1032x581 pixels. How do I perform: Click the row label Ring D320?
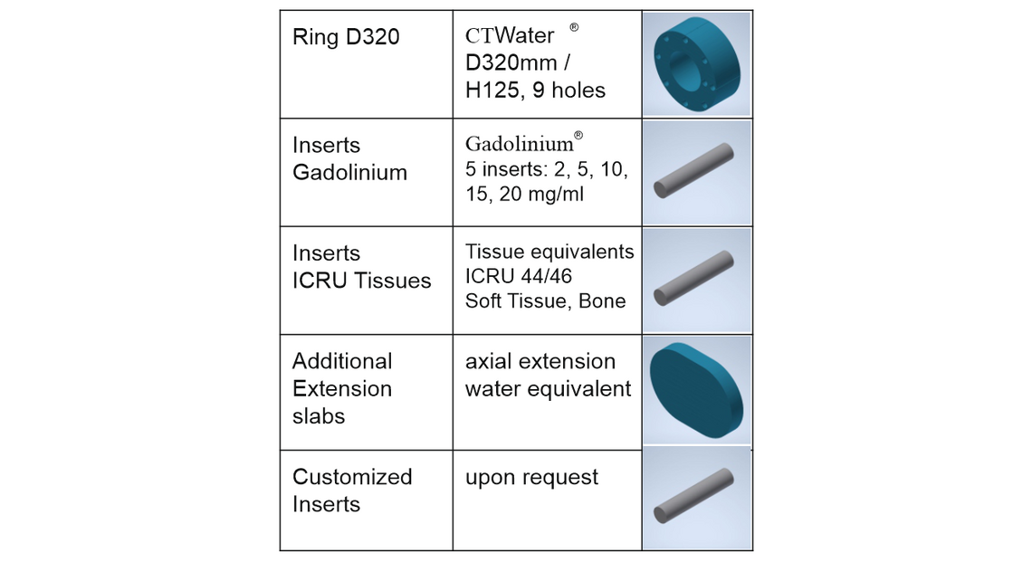coord(346,38)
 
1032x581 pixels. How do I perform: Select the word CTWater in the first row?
coord(510,36)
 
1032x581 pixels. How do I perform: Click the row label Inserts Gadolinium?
coord(349,158)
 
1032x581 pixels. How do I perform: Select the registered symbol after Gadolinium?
coord(578,136)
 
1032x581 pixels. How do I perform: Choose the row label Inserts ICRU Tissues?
coord(361,267)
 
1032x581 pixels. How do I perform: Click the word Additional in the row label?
coord(342,361)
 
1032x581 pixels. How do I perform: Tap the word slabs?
coord(319,415)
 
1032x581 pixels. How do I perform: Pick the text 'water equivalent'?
coord(548,388)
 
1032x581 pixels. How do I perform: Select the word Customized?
coord(352,477)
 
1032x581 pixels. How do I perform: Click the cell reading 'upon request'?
coord(531,477)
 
